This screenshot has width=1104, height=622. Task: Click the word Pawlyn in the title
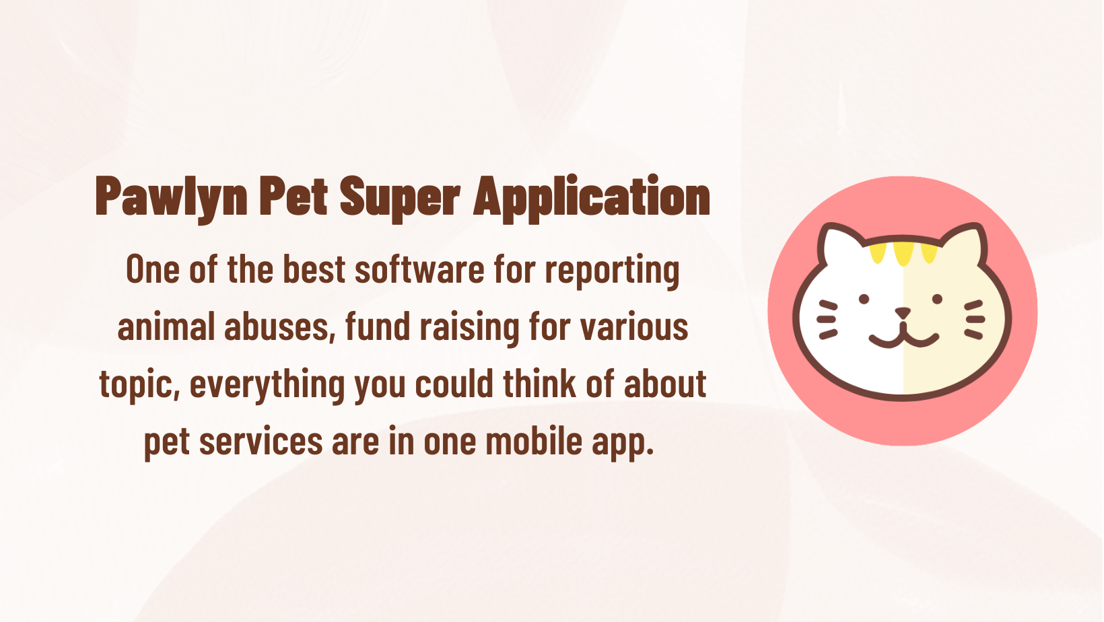tap(171, 198)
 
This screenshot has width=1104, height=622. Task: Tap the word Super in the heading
tap(400, 198)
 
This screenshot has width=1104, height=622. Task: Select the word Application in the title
tap(592, 197)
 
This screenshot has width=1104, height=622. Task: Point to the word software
tap(419, 269)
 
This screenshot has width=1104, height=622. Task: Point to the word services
tap(261, 442)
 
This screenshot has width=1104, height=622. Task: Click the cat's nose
tap(903, 312)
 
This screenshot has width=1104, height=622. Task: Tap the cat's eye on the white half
tap(864, 299)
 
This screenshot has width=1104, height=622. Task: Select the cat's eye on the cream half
tap(938, 299)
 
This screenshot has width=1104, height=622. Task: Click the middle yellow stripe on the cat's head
tap(903, 254)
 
